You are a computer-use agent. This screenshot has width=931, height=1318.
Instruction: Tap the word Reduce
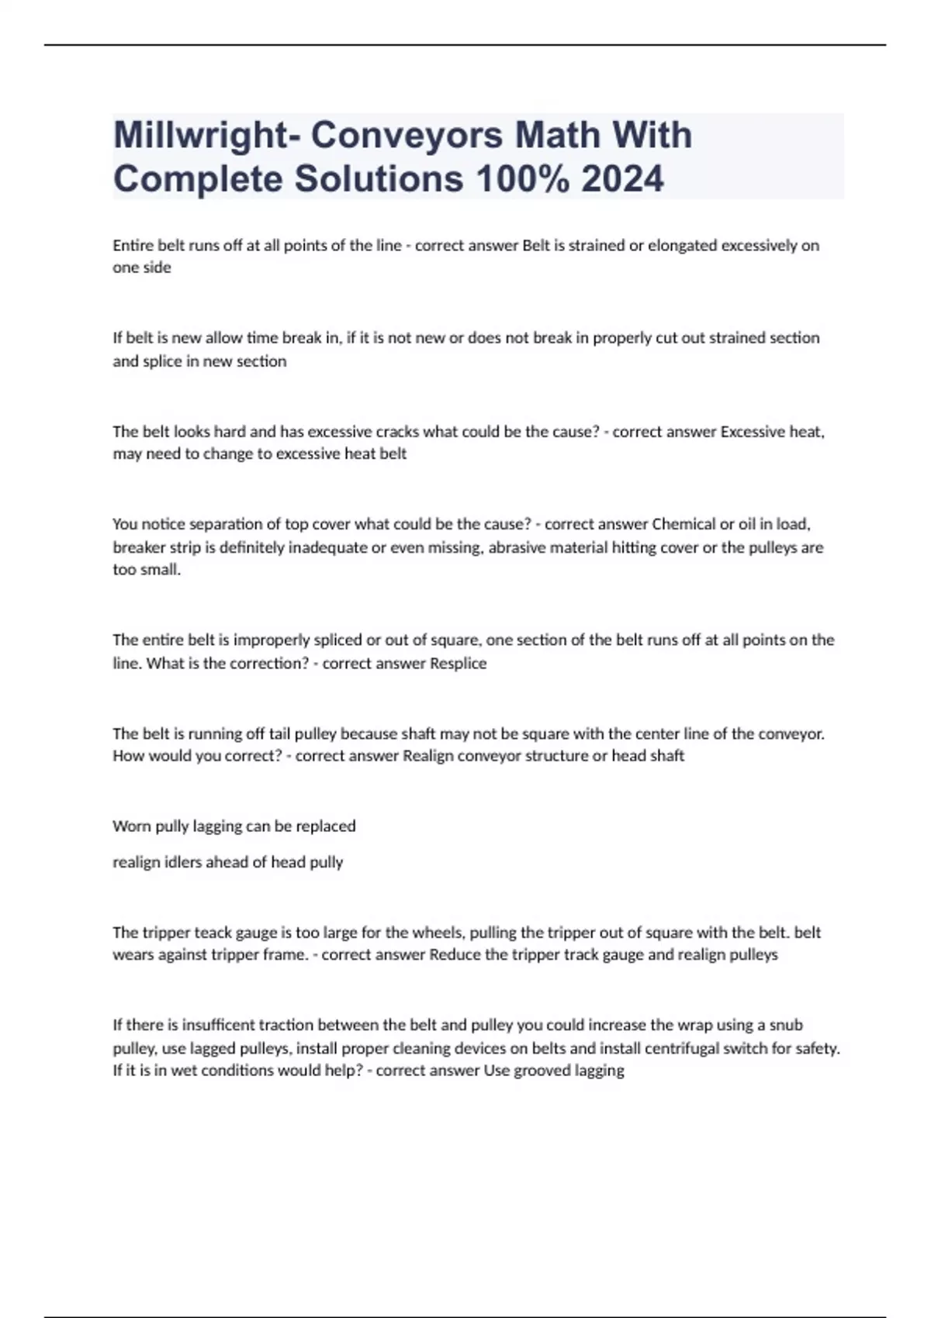[x=455, y=955]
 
